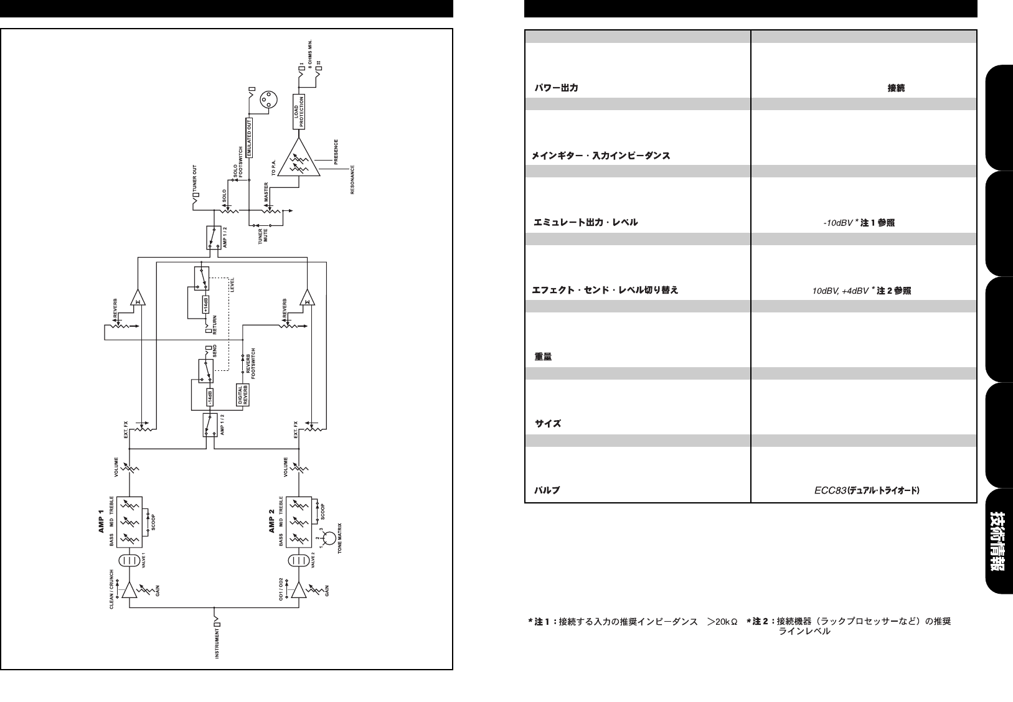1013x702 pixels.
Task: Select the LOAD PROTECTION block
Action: point(299,111)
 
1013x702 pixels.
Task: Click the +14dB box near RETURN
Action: point(205,304)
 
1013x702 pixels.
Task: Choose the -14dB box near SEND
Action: point(210,396)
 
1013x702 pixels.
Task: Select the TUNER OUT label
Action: point(194,180)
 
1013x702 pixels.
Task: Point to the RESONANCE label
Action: point(352,180)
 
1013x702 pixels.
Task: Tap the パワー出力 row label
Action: point(555,88)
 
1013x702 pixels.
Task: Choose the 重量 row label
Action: point(543,357)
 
